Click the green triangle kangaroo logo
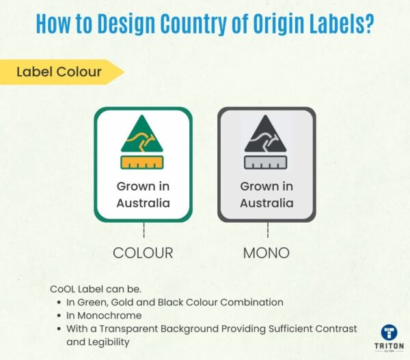coord(143,135)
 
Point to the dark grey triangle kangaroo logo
coord(266,135)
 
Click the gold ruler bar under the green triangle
coord(143,163)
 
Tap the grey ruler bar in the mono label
coord(266,163)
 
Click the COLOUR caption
coord(143,253)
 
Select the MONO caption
coord(266,253)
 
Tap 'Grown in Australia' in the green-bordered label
coord(143,195)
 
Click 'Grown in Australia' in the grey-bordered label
coord(266,195)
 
